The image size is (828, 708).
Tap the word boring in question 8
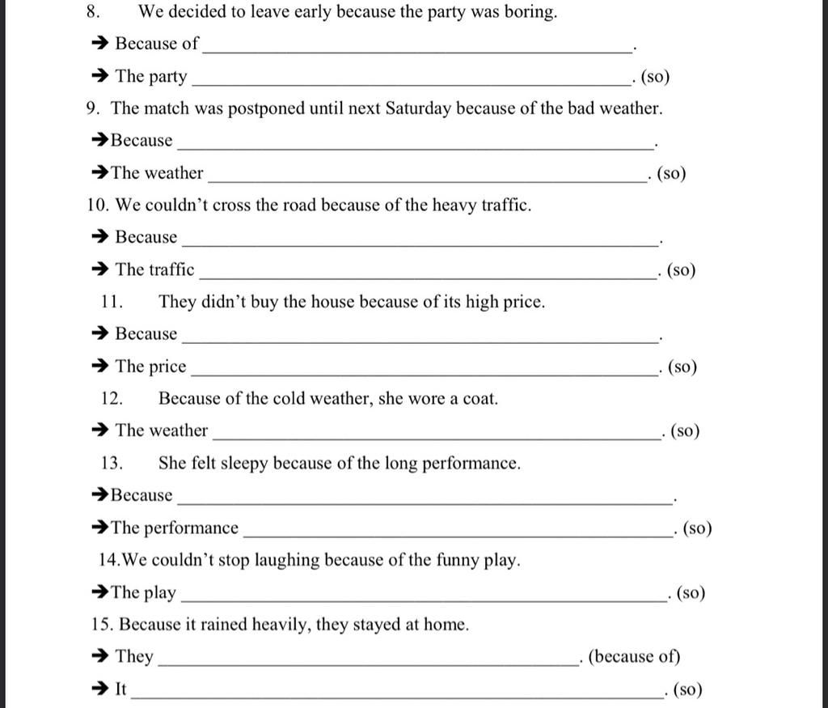point(530,12)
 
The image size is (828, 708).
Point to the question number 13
point(112,464)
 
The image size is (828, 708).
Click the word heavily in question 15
point(280,625)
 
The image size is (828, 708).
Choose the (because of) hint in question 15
point(634,657)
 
